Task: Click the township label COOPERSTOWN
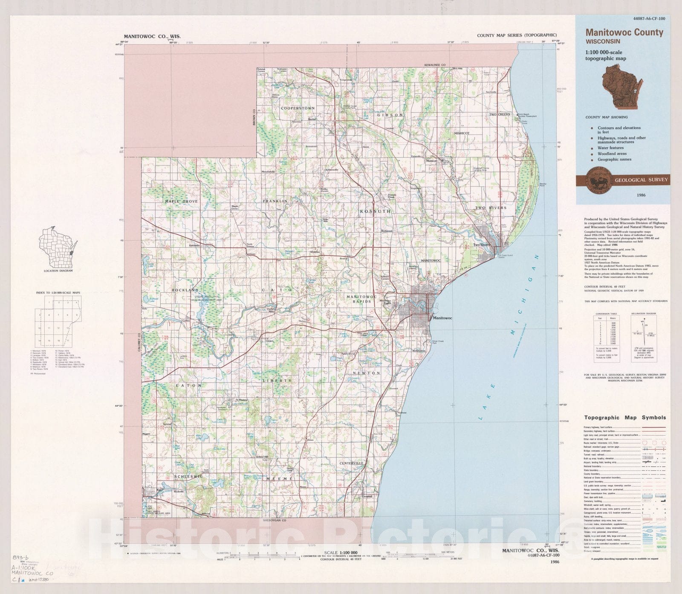(x=298, y=108)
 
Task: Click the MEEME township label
(x=280, y=479)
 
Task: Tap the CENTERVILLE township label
(x=352, y=463)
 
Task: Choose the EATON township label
(x=189, y=385)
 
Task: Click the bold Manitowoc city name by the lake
(x=442, y=318)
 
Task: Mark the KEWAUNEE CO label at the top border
(x=434, y=65)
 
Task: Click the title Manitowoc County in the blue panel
(x=624, y=32)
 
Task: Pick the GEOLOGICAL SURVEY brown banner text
(x=641, y=180)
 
